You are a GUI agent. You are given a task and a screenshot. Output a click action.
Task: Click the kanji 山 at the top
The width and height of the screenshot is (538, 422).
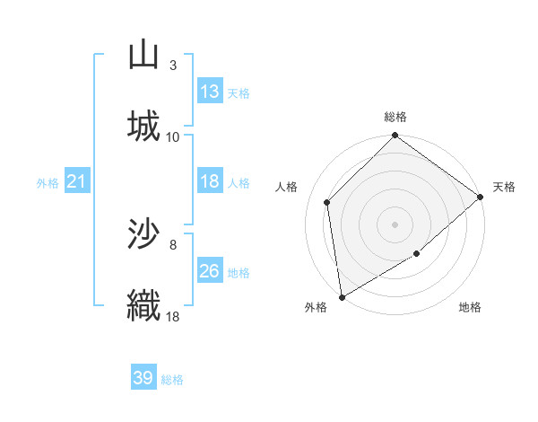click(143, 56)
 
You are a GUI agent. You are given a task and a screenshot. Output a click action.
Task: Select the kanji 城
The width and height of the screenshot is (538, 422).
click(143, 127)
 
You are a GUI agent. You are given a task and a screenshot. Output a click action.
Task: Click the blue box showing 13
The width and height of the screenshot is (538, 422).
click(210, 92)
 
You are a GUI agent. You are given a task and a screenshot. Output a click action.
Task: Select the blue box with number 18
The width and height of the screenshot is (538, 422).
click(210, 181)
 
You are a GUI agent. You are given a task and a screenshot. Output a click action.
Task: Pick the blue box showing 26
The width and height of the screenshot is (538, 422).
click(210, 271)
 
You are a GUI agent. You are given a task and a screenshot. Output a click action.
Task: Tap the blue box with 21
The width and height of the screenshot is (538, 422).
click(77, 181)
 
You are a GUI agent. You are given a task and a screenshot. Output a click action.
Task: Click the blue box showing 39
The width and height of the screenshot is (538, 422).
click(143, 378)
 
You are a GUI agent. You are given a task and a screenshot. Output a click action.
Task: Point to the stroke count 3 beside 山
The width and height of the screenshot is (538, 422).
click(172, 65)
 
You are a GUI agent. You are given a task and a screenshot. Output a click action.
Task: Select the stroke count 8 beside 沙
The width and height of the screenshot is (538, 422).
click(172, 243)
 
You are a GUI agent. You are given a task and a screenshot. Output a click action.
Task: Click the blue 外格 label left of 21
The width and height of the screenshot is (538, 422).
click(48, 183)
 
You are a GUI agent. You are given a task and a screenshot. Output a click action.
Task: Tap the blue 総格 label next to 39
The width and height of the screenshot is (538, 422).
click(172, 380)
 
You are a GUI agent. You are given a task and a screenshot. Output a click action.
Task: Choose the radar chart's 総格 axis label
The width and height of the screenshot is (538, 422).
click(395, 118)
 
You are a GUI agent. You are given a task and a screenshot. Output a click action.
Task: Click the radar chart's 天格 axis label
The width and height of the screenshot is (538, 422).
click(504, 187)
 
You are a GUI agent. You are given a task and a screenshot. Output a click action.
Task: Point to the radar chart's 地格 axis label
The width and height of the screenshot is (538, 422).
click(470, 307)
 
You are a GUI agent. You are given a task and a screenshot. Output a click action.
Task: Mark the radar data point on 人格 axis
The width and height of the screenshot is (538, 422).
click(327, 202)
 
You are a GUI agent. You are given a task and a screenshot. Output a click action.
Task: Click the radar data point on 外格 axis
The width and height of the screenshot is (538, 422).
click(342, 296)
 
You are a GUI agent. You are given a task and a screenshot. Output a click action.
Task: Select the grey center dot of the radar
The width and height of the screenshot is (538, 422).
click(395, 224)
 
